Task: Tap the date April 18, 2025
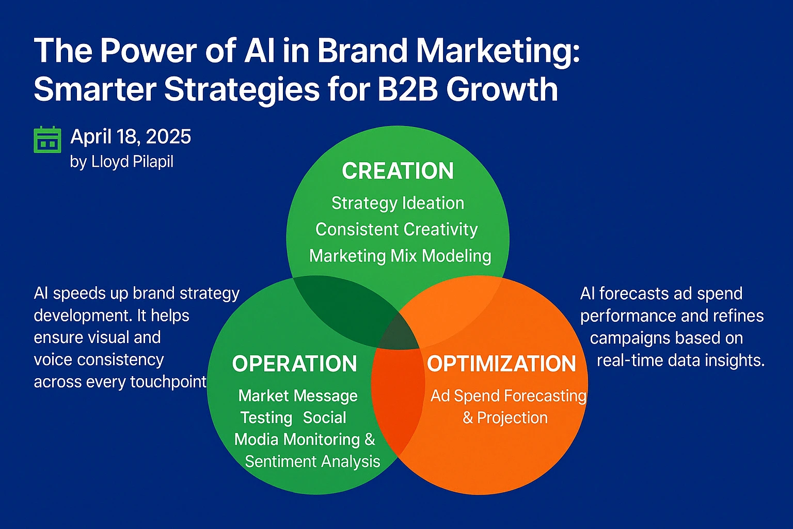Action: tap(131, 137)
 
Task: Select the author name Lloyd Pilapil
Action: tap(132, 162)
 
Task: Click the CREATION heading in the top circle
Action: tap(398, 171)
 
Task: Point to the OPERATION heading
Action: tap(294, 364)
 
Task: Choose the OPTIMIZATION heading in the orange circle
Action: tap(501, 364)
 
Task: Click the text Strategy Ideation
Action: tap(398, 203)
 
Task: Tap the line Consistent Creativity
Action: tap(396, 229)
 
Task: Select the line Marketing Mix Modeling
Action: tap(400, 256)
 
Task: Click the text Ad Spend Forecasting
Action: tap(509, 396)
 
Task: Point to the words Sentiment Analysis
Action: tap(312, 461)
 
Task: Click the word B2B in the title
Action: tap(407, 89)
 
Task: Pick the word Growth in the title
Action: tap(502, 89)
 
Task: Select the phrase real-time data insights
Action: tap(680, 360)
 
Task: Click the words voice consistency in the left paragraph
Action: tap(99, 360)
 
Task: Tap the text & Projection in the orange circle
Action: tap(505, 417)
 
